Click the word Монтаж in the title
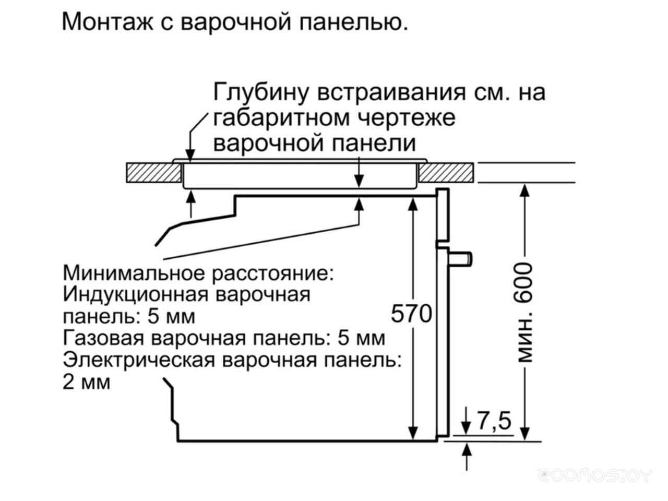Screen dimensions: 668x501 (108, 21)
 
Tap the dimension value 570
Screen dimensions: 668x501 (411, 314)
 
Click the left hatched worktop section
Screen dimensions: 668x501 (153, 173)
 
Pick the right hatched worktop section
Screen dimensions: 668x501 (446, 173)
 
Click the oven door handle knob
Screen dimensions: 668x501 (460, 258)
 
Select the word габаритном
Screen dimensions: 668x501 (281, 118)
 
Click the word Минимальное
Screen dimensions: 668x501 (134, 273)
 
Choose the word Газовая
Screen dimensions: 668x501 (103, 338)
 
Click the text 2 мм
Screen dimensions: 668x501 (86, 382)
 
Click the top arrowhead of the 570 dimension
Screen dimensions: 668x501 (413, 205)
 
